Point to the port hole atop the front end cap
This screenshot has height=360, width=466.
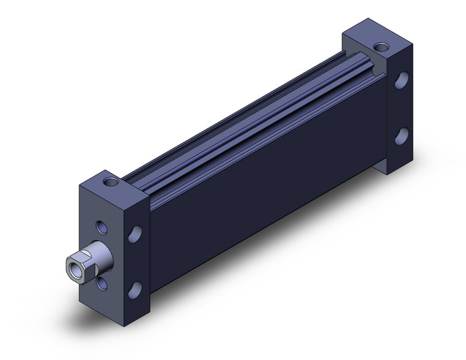110,182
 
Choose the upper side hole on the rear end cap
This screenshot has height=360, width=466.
402,81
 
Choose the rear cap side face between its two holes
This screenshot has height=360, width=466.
402,107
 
